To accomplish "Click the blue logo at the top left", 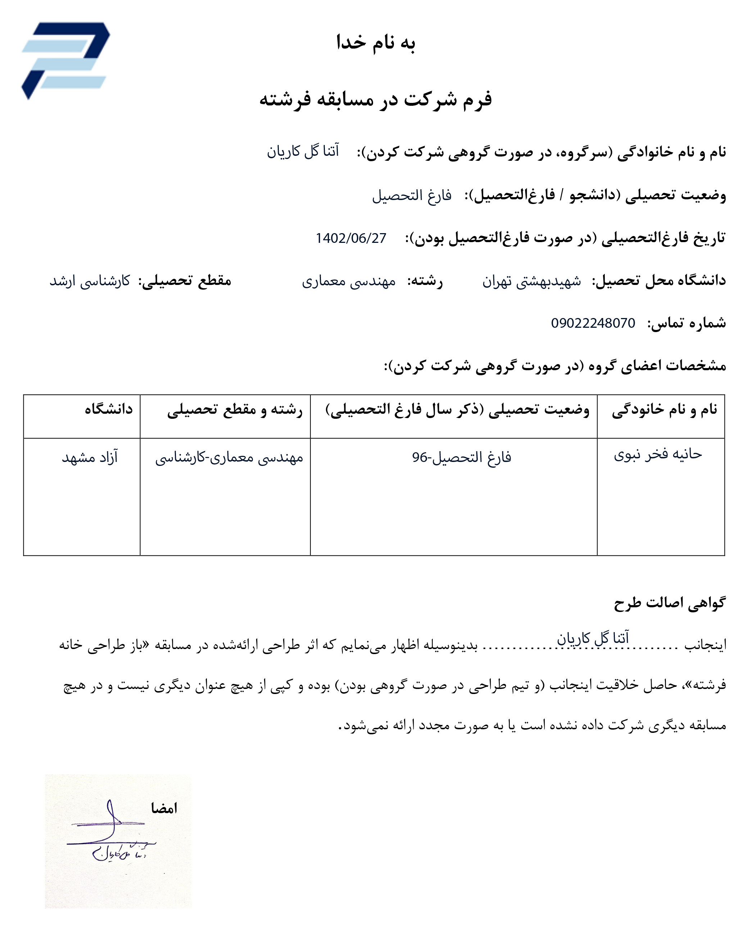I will pos(65,60).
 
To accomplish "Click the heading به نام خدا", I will pos(376,43).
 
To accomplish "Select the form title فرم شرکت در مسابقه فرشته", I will pos(376,99).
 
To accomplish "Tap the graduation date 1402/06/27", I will pos(351,238).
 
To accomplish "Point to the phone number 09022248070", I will pos(593,323).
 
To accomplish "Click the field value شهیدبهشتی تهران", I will pos(531,281).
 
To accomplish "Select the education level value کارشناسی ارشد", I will pos(90,281).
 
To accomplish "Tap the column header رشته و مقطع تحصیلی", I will pos(235,410).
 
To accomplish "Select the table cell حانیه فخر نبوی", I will pos(658,454).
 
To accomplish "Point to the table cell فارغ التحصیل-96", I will pos(462,457).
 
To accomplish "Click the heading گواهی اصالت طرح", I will pos(670,603).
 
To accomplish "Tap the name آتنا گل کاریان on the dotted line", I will pos(593,638).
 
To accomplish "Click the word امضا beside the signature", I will pos(164,809).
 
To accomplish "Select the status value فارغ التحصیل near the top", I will pos(412,196).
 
